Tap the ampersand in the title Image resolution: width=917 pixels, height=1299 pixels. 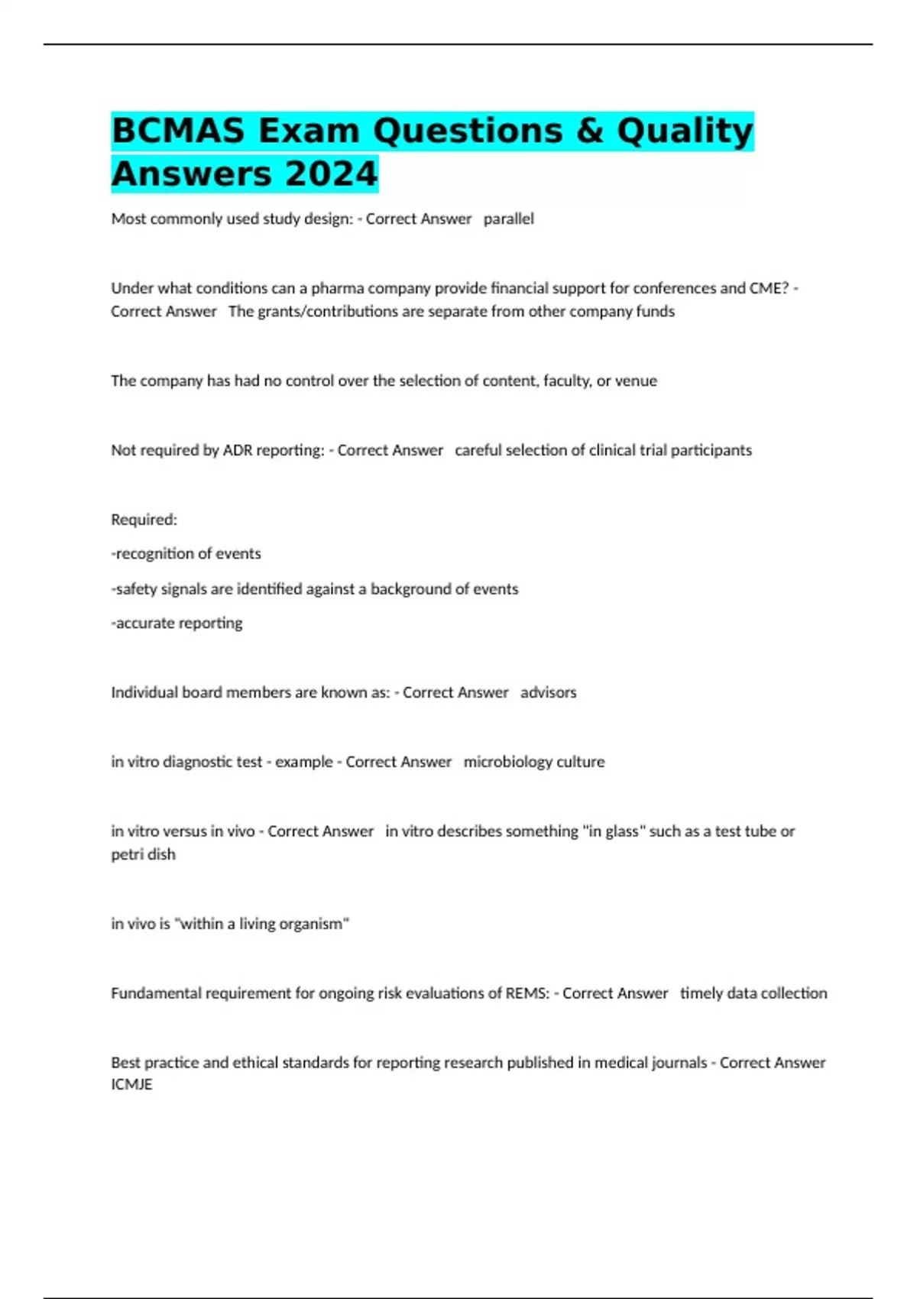coord(589,131)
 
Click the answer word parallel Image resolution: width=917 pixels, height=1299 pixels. coord(508,219)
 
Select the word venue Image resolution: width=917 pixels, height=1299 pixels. coord(636,381)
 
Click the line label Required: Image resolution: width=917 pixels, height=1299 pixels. coord(144,520)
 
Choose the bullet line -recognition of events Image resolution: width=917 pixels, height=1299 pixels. coord(186,553)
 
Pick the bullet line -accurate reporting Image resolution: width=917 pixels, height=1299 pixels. coord(177,623)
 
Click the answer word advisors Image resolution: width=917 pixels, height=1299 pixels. coord(548,692)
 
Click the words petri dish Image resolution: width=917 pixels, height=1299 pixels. coord(143,854)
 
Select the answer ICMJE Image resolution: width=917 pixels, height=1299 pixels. coord(131,1084)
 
